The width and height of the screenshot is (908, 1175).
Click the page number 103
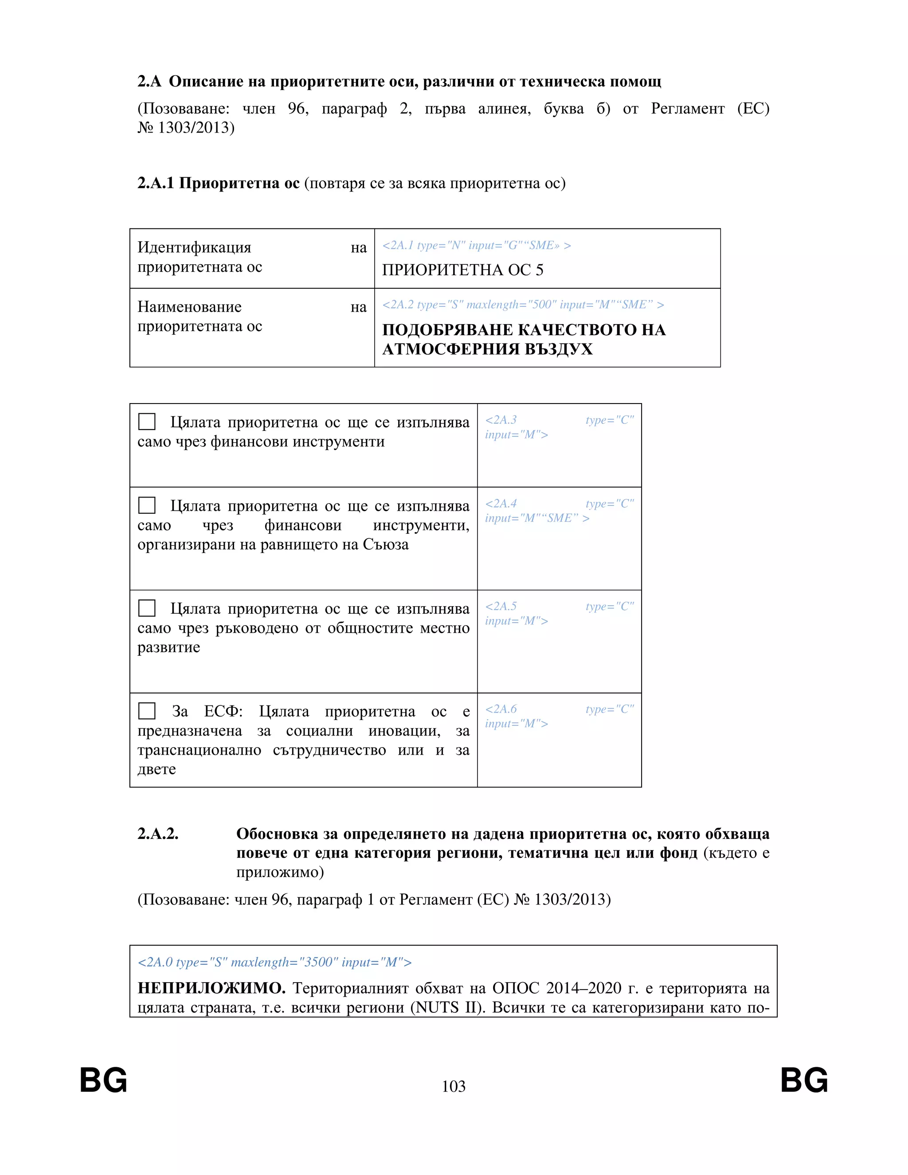click(454, 1086)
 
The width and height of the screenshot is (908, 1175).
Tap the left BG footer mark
click(103, 1080)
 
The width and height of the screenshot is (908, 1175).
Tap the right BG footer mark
click(804, 1080)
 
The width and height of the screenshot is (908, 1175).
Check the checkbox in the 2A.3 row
click(147, 421)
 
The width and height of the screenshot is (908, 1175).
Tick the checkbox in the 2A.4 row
click(147, 505)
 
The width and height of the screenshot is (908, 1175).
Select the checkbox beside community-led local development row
click(147, 608)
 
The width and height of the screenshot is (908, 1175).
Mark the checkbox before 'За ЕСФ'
click(147, 711)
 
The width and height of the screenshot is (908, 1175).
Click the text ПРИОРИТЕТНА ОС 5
click(462, 270)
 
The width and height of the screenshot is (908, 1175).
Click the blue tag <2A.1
click(398, 245)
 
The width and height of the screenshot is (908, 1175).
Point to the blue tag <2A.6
click(501, 709)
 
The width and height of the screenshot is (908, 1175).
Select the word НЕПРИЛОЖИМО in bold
click(211, 988)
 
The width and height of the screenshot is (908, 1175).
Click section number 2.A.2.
click(157, 834)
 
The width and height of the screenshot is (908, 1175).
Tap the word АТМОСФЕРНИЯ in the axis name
click(450, 349)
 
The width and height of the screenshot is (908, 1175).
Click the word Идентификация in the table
click(194, 247)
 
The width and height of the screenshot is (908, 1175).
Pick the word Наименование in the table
click(189, 307)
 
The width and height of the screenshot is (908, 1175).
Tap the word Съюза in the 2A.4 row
click(385, 544)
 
